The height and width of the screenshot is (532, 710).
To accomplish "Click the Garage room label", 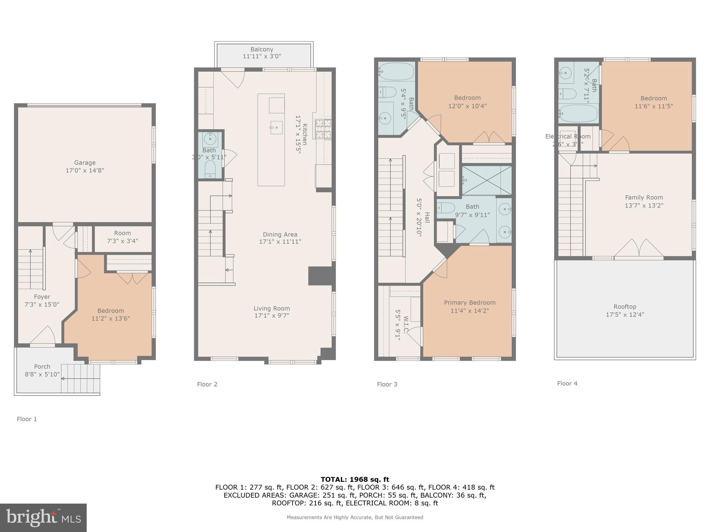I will tap(85, 162).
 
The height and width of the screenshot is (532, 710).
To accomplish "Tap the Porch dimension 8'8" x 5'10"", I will tap(42, 374).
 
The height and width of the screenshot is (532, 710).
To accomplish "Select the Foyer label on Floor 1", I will tap(42, 297).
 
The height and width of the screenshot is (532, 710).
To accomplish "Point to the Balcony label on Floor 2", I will tap(262, 50).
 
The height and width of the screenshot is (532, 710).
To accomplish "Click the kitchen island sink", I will tap(276, 127).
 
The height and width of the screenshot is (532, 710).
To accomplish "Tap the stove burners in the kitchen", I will tap(323, 129).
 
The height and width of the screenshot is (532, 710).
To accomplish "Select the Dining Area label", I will tap(280, 234).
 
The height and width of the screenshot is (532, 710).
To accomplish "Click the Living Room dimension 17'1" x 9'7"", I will tap(271, 316).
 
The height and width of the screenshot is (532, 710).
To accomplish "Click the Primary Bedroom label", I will tap(470, 303).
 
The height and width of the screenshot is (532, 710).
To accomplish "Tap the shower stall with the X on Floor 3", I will tap(486, 180).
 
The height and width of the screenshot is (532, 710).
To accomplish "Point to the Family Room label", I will tap(644, 197).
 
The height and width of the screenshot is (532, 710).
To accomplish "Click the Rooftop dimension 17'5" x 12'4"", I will tap(625, 315).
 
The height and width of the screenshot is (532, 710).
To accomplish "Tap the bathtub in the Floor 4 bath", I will tap(578, 113).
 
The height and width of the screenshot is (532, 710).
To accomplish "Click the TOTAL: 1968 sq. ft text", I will tap(355, 479).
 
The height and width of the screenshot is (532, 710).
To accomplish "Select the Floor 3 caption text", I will tap(387, 384).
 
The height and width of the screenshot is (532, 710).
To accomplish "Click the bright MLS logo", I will tap(43, 517).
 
